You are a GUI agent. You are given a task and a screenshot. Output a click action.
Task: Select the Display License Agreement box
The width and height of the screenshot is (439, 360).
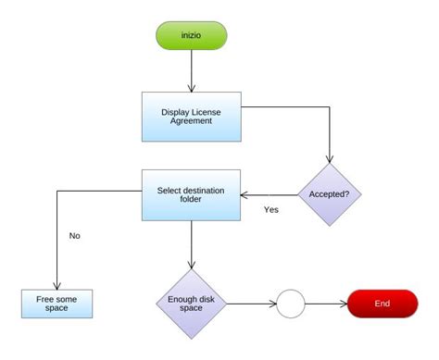coord(191,117)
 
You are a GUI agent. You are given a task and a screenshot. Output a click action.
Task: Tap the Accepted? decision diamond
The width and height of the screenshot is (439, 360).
coord(329,195)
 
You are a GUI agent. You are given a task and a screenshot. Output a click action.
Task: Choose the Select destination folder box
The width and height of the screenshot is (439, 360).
coord(191,194)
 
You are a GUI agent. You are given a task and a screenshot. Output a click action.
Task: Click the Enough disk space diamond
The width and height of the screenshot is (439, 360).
coord(191,303)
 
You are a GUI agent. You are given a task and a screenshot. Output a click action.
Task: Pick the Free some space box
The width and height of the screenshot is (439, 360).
coord(57,303)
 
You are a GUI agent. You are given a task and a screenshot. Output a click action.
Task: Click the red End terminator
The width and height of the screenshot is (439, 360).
coord(383,303)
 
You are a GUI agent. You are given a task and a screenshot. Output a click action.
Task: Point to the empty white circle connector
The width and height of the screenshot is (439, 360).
coord(291,303)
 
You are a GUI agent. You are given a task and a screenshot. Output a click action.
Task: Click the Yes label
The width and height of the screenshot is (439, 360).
coord(270,210)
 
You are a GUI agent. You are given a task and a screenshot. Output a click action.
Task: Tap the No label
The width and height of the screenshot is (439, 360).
coord(75,235)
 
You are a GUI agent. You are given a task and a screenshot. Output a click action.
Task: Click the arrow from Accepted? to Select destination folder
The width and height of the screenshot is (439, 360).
coord(269,195)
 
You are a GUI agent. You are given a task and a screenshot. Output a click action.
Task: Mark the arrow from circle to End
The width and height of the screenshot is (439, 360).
coord(325,303)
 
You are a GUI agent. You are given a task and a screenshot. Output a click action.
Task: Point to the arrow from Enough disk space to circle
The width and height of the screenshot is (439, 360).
coord(250,303)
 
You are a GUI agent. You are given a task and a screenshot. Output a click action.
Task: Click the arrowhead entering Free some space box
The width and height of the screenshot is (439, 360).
coord(57,286)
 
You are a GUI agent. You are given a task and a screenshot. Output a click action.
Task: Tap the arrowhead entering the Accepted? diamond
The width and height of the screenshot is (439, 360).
coord(329,161)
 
